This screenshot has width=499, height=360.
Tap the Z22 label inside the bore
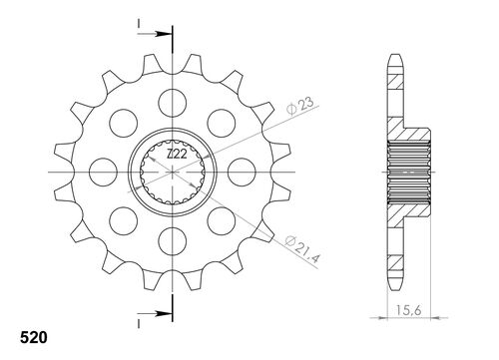[174, 155]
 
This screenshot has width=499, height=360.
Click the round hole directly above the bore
[175, 100]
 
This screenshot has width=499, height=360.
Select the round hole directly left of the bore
[106, 169]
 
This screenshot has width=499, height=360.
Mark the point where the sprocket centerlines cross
[175, 169]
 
